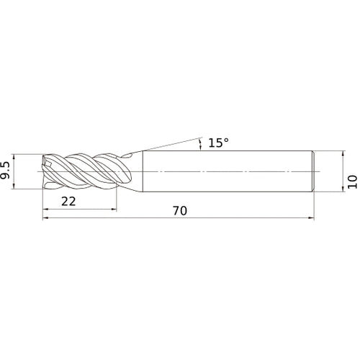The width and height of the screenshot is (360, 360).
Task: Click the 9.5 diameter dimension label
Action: (5, 171)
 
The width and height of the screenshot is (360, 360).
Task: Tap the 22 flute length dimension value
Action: (68, 201)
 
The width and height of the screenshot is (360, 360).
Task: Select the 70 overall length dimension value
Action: (180, 210)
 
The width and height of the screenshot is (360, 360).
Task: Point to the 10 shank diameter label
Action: (352, 181)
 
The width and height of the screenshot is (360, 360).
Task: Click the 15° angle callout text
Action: (218, 143)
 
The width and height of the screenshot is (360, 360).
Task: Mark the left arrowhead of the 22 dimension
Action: (45, 210)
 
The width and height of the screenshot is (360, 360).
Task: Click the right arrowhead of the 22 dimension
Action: (114, 210)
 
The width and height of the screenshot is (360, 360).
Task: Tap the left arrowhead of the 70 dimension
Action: (45, 218)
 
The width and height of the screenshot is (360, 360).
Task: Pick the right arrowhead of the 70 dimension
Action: (311, 218)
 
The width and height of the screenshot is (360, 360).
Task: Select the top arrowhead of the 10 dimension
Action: (343, 154)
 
